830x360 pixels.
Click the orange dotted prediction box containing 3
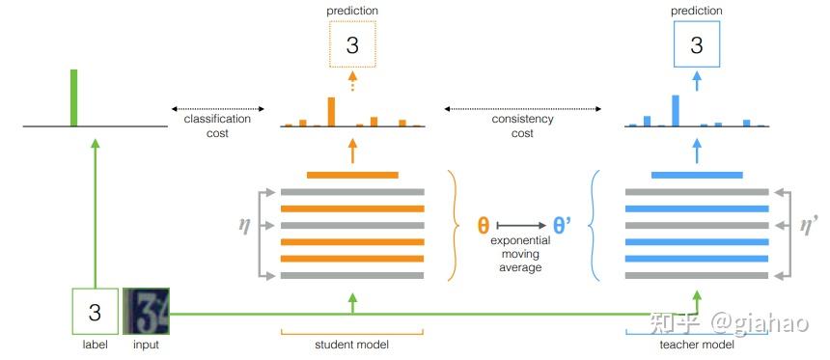351,45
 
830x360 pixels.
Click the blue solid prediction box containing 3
697,45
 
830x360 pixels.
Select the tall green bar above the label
73,97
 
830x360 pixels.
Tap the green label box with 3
95,312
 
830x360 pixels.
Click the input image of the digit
146,312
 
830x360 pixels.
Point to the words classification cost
217,125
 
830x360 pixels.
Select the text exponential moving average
522,253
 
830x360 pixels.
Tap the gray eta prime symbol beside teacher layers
809,225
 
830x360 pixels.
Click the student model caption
351,345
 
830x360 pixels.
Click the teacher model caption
697,345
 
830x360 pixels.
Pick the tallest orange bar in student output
331,112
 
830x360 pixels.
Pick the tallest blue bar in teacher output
676,111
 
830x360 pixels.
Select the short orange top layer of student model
352,176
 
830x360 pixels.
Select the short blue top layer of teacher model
697,176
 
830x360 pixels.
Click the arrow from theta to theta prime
523,227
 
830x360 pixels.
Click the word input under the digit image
146,345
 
